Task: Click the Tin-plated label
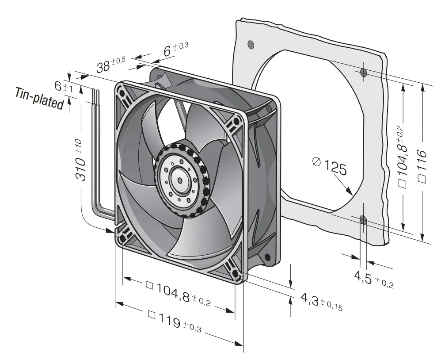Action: [x=39, y=99]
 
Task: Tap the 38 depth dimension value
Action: [x=110, y=65]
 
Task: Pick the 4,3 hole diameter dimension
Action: [x=321, y=302]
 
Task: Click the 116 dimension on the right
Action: [x=422, y=166]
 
